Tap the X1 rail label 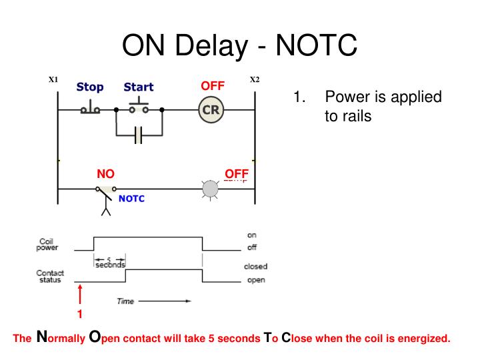click(54, 80)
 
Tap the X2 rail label click(255, 80)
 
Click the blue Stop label click(90, 87)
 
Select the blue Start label click(139, 87)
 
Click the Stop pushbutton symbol click(90, 109)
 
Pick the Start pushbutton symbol click(139, 107)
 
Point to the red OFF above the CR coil click(213, 85)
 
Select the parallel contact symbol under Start click(139, 135)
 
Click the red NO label click(105, 174)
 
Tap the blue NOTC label click(131, 199)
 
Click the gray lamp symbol click(210, 189)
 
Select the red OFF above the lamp click(237, 174)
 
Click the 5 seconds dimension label click(109, 263)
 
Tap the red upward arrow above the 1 click(80, 293)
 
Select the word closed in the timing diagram click(256, 266)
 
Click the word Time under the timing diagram click(125, 301)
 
